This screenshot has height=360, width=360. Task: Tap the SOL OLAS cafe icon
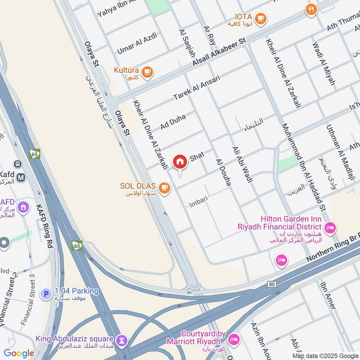[165, 187]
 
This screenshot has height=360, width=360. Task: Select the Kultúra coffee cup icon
[147, 71]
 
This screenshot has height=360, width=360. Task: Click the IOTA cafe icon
[260, 18]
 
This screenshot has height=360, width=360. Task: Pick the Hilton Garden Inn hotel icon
[330, 228]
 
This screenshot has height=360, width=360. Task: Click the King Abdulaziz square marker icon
[120, 341]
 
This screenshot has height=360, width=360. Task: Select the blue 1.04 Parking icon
[45, 294]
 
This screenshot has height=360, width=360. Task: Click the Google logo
[19, 353]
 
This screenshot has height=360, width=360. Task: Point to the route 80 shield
[271, 284]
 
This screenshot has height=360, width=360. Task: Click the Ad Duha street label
[173, 121]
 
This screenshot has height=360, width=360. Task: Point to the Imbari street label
[198, 199]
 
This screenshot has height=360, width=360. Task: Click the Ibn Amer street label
[328, 295]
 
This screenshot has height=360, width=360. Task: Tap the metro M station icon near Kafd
[20, 177]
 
